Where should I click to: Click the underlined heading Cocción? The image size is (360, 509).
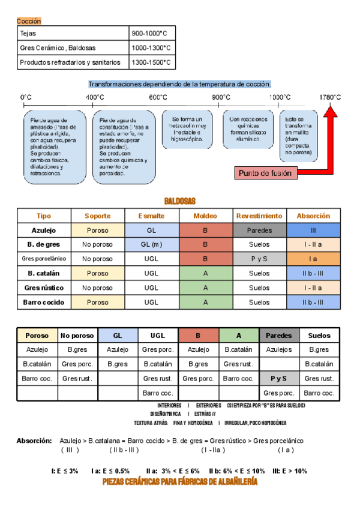(29, 21)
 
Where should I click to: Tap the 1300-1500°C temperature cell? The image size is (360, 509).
(151, 62)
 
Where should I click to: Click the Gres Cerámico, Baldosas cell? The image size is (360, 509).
(58, 47)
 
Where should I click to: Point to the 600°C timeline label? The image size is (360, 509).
(158, 97)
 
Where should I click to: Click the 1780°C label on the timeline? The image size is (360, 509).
(329, 97)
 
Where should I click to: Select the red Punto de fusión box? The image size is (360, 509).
(265, 173)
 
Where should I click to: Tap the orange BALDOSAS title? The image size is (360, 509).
(179, 201)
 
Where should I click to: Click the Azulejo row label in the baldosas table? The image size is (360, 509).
(44, 230)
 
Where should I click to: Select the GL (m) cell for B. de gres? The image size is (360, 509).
(152, 244)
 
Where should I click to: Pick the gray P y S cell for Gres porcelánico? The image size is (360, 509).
(259, 259)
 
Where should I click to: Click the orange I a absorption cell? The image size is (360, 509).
(313, 259)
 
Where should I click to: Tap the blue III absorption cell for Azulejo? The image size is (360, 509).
(313, 230)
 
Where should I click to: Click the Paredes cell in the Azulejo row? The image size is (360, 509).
(259, 230)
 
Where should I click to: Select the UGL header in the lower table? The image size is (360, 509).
(158, 336)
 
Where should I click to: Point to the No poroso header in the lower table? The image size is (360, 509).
(77, 336)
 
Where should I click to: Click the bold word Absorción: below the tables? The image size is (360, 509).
(34, 441)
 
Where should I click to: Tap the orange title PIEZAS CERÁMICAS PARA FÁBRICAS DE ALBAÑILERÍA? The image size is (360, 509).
(180, 482)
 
